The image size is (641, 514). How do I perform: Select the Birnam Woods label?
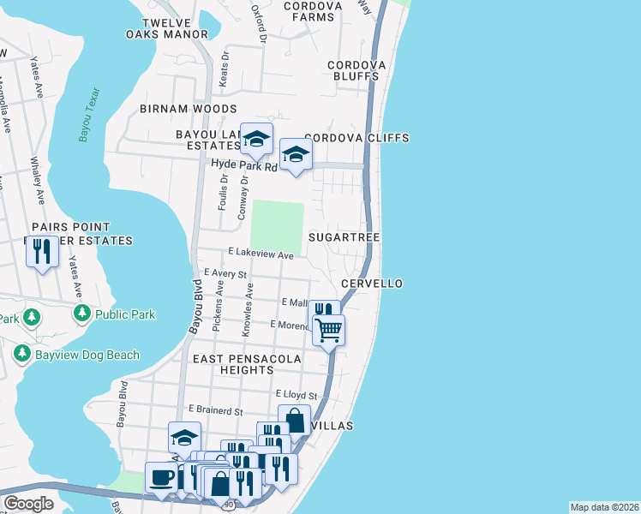tap(189, 109)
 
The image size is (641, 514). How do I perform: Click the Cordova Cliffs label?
tap(356, 138)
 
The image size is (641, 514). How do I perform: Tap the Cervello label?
tap(371, 284)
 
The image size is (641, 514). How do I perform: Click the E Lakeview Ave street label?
tap(261, 254)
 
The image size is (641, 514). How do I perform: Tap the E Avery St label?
tap(225, 273)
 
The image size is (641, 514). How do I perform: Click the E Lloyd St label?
tap(297, 396)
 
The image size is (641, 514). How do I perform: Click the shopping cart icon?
tap(328, 329)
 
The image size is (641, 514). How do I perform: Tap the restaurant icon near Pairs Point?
tap(40, 251)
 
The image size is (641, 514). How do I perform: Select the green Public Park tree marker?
tap(82, 314)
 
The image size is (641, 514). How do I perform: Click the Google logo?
tap(28, 504)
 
